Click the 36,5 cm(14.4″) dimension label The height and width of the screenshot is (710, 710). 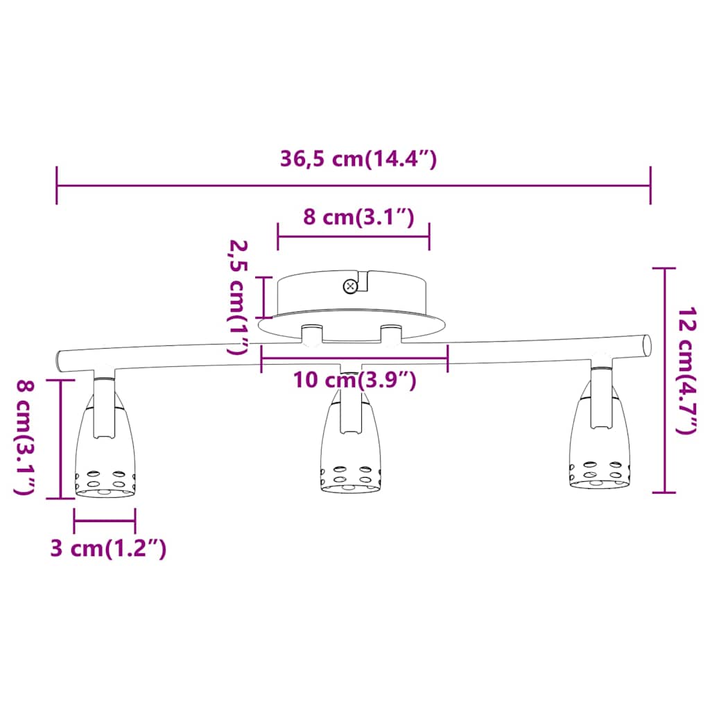358,159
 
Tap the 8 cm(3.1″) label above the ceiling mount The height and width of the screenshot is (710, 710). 358,217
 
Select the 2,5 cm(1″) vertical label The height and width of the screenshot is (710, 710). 239,298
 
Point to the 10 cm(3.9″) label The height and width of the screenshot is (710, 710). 354,380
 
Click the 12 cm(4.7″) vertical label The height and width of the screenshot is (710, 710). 686,370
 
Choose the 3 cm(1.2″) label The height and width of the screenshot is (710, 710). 108,548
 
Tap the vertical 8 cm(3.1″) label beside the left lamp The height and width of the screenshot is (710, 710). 26,438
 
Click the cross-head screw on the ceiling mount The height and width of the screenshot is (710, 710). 349,286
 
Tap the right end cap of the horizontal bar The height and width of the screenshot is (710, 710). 647,345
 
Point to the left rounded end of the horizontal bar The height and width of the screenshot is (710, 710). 60,361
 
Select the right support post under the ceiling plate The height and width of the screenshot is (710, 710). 391,334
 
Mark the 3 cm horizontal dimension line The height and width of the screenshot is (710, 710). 105,521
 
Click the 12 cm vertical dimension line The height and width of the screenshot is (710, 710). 664,380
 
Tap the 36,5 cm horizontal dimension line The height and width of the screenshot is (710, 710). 354,186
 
